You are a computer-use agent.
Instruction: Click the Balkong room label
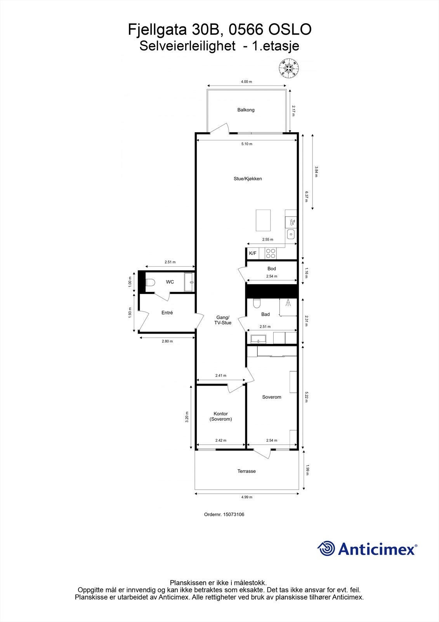pyautogui.click(x=246, y=110)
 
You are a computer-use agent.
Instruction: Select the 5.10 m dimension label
pyautogui.click(x=246, y=144)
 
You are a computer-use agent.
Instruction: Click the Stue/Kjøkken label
pyautogui.click(x=248, y=179)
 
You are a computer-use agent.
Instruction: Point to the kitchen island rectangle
pyautogui.click(x=263, y=220)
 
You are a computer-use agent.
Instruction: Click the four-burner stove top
pyautogui.click(x=271, y=253)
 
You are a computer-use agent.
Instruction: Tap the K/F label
pyautogui.click(x=253, y=253)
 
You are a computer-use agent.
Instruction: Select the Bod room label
pyautogui.click(x=271, y=269)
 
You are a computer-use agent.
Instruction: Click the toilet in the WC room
pyautogui.click(x=150, y=282)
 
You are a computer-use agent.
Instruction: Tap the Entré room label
pyautogui.click(x=167, y=313)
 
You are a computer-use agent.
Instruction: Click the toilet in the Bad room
pyautogui.click(x=257, y=303)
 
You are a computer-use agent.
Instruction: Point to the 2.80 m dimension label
pyautogui.click(x=167, y=341)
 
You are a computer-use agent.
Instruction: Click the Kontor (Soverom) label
pyautogui.click(x=220, y=416)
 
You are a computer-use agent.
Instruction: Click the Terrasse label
pyautogui.click(x=246, y=471)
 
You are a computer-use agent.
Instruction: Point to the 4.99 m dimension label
pyautogui.click(x=246, y=497)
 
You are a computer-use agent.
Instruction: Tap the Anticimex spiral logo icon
pyautogui.click(x=326, y=549)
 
